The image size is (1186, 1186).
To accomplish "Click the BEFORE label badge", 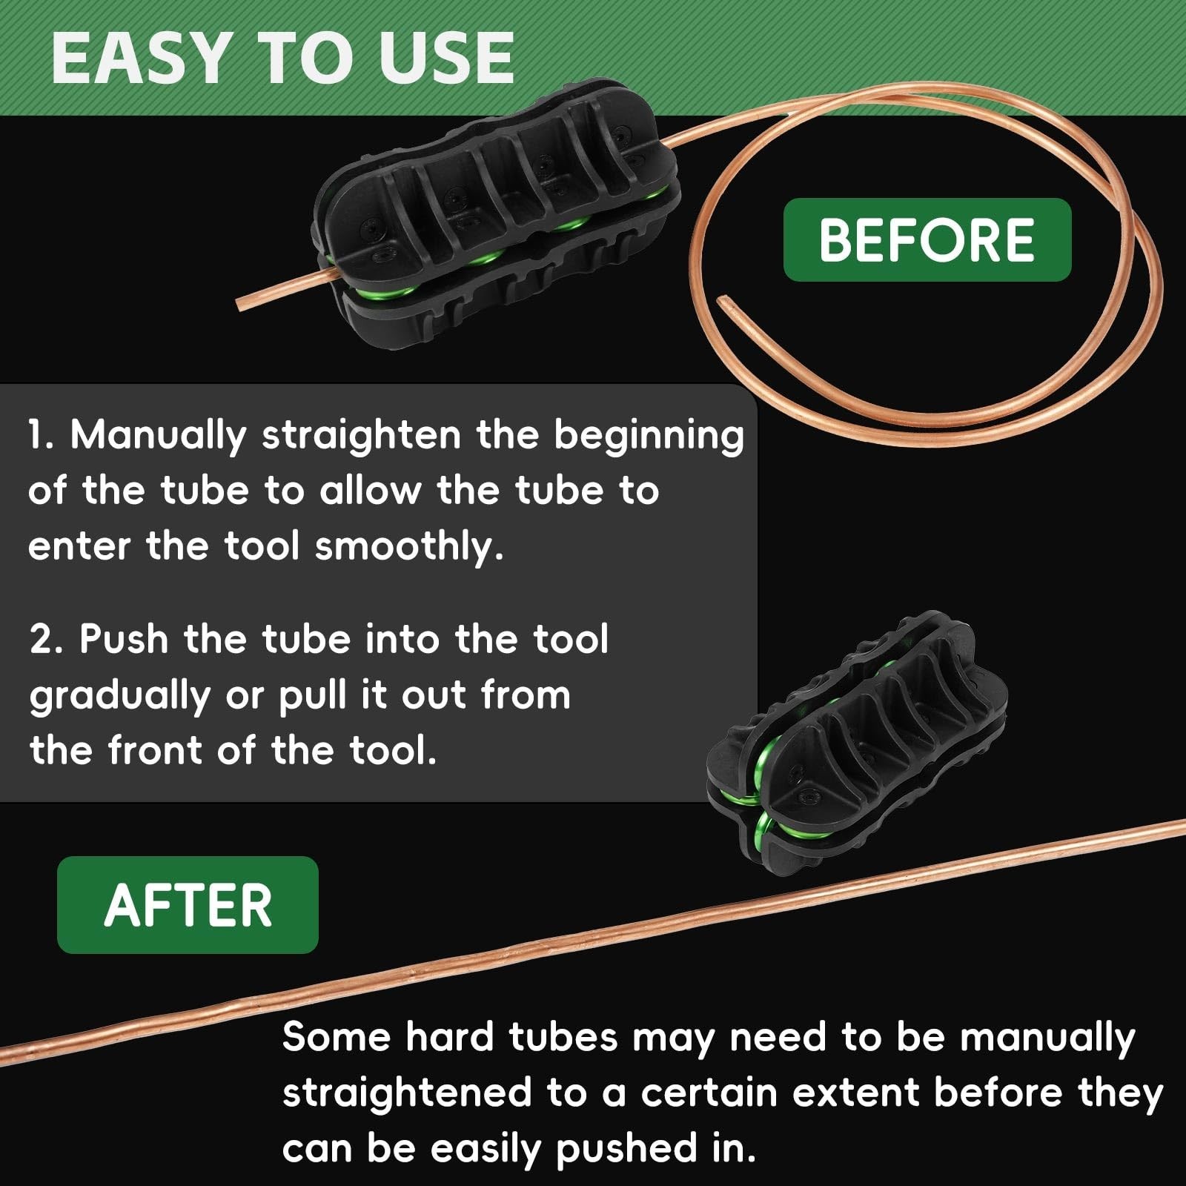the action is (x=927, y=240).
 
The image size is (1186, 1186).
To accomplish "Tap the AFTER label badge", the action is (x=188, y=904).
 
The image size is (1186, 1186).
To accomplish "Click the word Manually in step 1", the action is (x=158, y=435).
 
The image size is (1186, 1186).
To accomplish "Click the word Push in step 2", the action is (x=124, y=638).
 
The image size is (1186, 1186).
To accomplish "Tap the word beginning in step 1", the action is (x=649, y=435).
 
